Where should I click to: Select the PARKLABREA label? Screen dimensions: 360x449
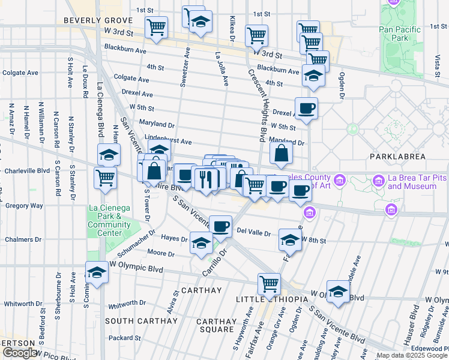398,157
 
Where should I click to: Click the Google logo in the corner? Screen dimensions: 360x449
20,353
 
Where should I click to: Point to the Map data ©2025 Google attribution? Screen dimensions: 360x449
412,355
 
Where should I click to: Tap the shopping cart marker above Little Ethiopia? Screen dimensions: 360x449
269,283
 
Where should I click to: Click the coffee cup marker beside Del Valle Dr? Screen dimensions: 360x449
220,226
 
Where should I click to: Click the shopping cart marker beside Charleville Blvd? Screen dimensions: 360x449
106,178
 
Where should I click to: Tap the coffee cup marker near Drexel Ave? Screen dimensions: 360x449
306,109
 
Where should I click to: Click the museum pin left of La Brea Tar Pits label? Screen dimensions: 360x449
379,180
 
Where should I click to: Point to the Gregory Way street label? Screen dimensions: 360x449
24,205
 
